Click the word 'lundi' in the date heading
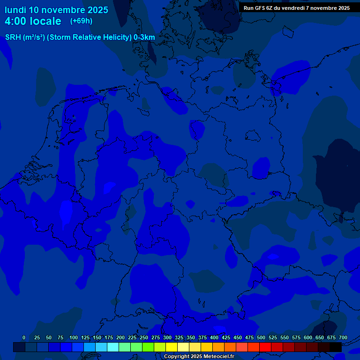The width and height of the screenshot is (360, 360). tap(15, 10)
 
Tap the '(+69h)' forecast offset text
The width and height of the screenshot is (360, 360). tap(81, 21)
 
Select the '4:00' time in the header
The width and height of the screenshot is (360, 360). tap(16, 21)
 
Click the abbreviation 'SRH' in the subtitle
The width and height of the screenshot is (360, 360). tap(13, 37)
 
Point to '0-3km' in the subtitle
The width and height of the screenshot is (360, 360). tap(144, 37)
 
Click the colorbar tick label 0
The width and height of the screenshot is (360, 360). tap(24, 338)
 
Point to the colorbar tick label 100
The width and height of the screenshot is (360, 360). tap(74, 338)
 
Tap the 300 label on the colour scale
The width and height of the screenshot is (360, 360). tap(167, 338)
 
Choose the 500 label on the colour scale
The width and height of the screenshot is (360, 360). tap(261, 338)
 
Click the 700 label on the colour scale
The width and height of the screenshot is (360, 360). tap(343, 338)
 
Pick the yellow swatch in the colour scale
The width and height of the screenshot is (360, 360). tap(172, 347)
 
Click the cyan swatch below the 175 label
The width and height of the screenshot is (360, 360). tap(113, 347)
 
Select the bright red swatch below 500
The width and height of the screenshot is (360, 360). tap(265, 347)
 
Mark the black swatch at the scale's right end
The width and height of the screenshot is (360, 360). tap(336, 347)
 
